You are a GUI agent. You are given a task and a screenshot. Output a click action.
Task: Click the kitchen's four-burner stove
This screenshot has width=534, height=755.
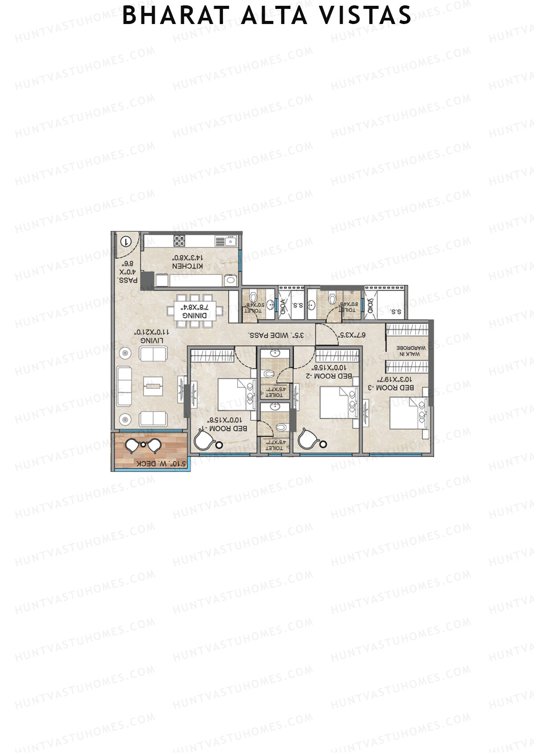pos(179,241)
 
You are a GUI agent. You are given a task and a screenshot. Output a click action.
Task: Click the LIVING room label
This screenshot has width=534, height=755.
pos(152,340)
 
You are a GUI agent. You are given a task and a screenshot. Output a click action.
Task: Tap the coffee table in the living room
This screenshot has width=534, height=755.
pos(154,386)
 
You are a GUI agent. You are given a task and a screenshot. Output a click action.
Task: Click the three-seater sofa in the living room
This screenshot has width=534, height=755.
pos(124,386)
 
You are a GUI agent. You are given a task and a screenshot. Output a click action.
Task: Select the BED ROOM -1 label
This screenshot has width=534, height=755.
pos(228,428)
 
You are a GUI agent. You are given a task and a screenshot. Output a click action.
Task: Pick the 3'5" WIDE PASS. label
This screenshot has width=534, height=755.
pos(276,335)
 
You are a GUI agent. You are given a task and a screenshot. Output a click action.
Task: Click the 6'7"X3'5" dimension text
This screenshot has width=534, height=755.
pos(352,335)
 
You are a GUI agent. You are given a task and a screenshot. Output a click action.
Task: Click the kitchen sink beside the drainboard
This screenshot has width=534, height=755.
pos(231,241)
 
